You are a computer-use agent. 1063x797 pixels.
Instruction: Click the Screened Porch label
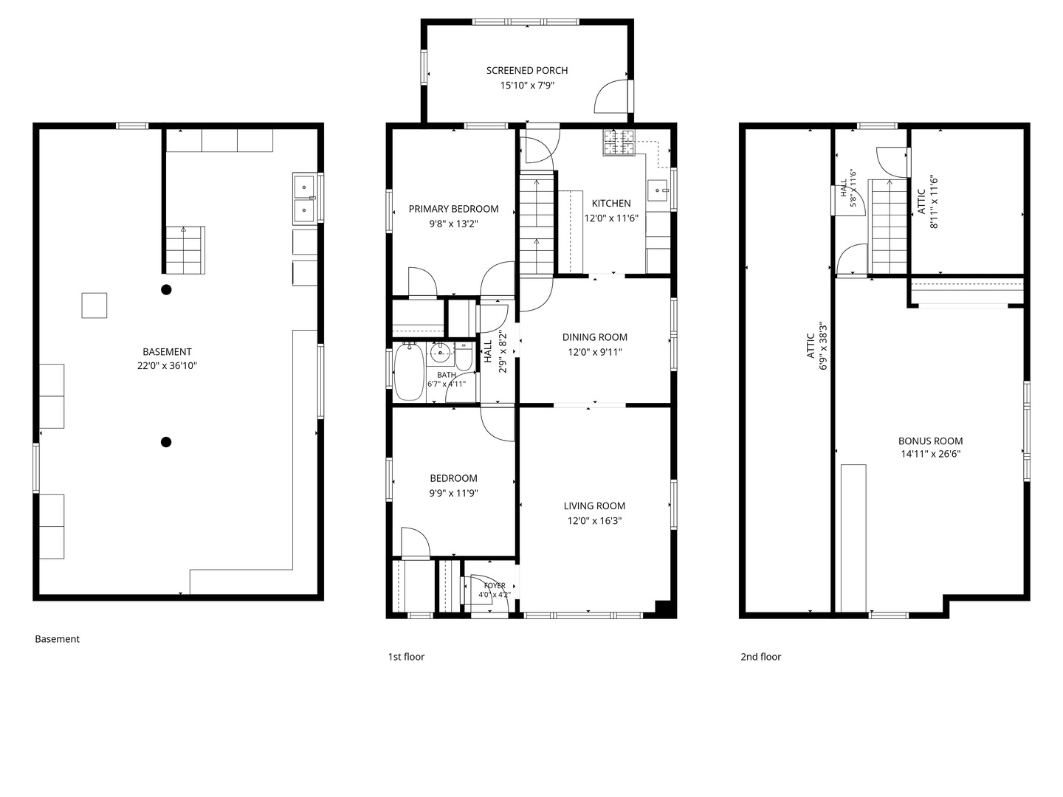[x=527, y=71]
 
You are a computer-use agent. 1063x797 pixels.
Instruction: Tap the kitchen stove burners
[x=619, y=142]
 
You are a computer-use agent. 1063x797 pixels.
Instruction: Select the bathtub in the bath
[x=409, y=371]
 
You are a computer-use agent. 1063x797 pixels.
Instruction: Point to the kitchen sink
[x=658, y=190]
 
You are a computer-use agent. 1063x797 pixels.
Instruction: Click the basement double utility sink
[x=305, y=198]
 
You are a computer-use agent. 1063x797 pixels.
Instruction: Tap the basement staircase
[x=185, y=250]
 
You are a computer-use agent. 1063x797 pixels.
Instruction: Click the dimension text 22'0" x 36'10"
[x=167, y=366]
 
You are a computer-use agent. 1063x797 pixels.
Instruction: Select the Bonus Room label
[x=930, y=441]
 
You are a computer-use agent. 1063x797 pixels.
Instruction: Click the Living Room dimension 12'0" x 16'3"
[x=594, y=521]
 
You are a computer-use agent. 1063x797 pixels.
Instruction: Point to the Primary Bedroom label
[x=453, y=209]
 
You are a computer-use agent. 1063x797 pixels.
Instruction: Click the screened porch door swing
[x=611, y=96]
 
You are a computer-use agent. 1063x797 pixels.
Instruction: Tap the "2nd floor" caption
[x=761, y=657]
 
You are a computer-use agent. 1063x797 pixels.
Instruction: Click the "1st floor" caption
[x=406, y=657]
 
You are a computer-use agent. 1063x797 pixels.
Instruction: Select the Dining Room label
[x=595, y=337]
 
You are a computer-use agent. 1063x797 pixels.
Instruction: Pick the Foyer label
[x=495, y=585]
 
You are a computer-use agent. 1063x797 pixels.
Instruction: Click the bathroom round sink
[x=440, y=352]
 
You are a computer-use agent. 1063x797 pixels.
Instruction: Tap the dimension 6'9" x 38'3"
[x=823, y=345]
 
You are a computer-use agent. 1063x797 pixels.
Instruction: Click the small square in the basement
[x=94, y=306]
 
